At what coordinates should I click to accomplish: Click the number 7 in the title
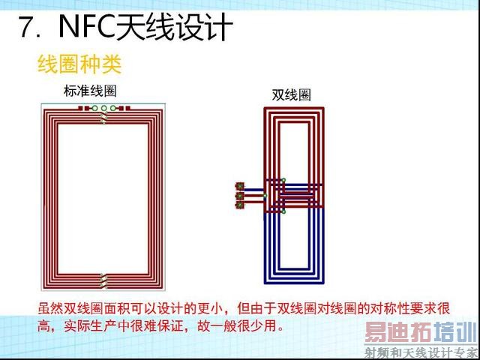click(25, 28)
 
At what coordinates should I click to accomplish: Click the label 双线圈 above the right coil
click(291, 95)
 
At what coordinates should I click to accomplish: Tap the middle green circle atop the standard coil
click(104, 109)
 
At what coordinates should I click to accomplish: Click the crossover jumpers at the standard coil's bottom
click(104, 282)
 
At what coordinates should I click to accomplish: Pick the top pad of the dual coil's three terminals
click(240, 186)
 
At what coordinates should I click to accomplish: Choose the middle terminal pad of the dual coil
click(240, 196)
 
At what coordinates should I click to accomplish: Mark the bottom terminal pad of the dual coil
click(240, 205)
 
